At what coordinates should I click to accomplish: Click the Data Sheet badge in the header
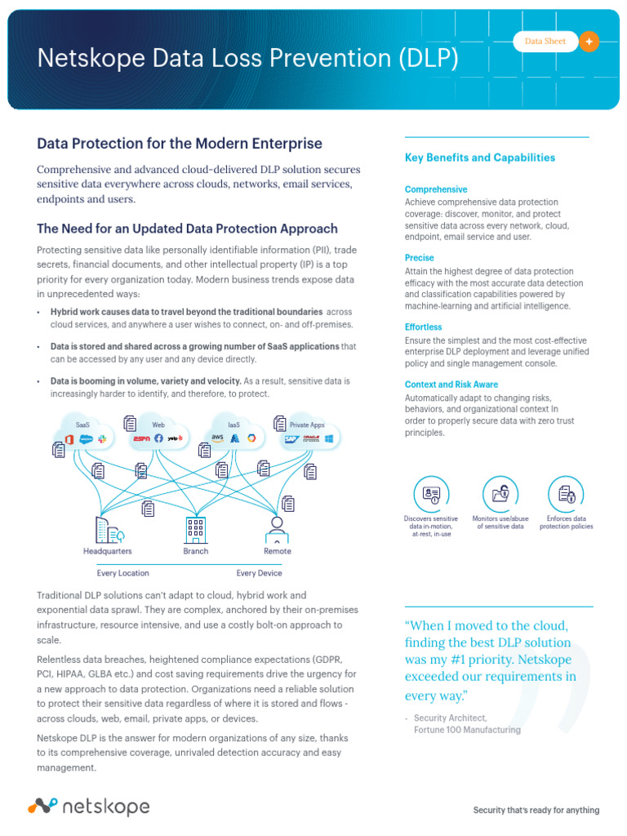pos(545,41)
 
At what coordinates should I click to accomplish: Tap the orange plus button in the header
pos(589,41)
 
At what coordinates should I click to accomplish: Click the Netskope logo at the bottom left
pos(89,807)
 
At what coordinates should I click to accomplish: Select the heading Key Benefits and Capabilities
pos(480,158)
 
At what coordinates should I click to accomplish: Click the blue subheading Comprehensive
pos(436,189)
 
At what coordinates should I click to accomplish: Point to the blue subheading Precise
pos(420,258)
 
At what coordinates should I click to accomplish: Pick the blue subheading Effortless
pos(424,327)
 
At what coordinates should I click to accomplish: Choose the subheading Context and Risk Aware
pos(451,385)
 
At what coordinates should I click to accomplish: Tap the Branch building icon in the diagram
pos(195,530)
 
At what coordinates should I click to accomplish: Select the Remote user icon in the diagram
pos(277,530)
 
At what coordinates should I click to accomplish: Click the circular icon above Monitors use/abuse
pos(500,493)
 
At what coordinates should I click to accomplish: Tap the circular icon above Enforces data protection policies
pos(566,493)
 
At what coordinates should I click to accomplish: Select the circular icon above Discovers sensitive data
pos(431,493)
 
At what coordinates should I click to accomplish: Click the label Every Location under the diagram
pos(122,573)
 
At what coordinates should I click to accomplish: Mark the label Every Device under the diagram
pos(259,573)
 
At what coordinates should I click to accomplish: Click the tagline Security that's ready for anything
pos(536,810)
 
